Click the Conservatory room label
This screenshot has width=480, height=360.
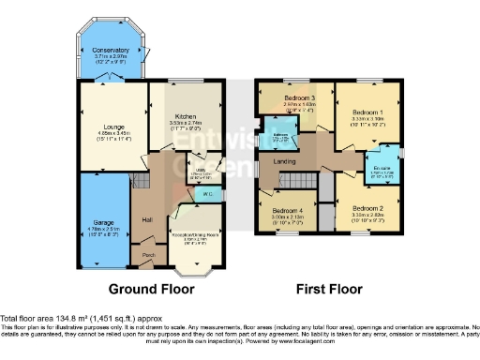[x=111, y=50]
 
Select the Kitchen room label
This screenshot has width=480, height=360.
[x=186, y=115]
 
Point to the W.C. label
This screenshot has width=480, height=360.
[x=208, y=194]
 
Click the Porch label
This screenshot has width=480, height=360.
[x=148, y=254]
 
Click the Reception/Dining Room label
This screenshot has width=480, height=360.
[x=196, y=237]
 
